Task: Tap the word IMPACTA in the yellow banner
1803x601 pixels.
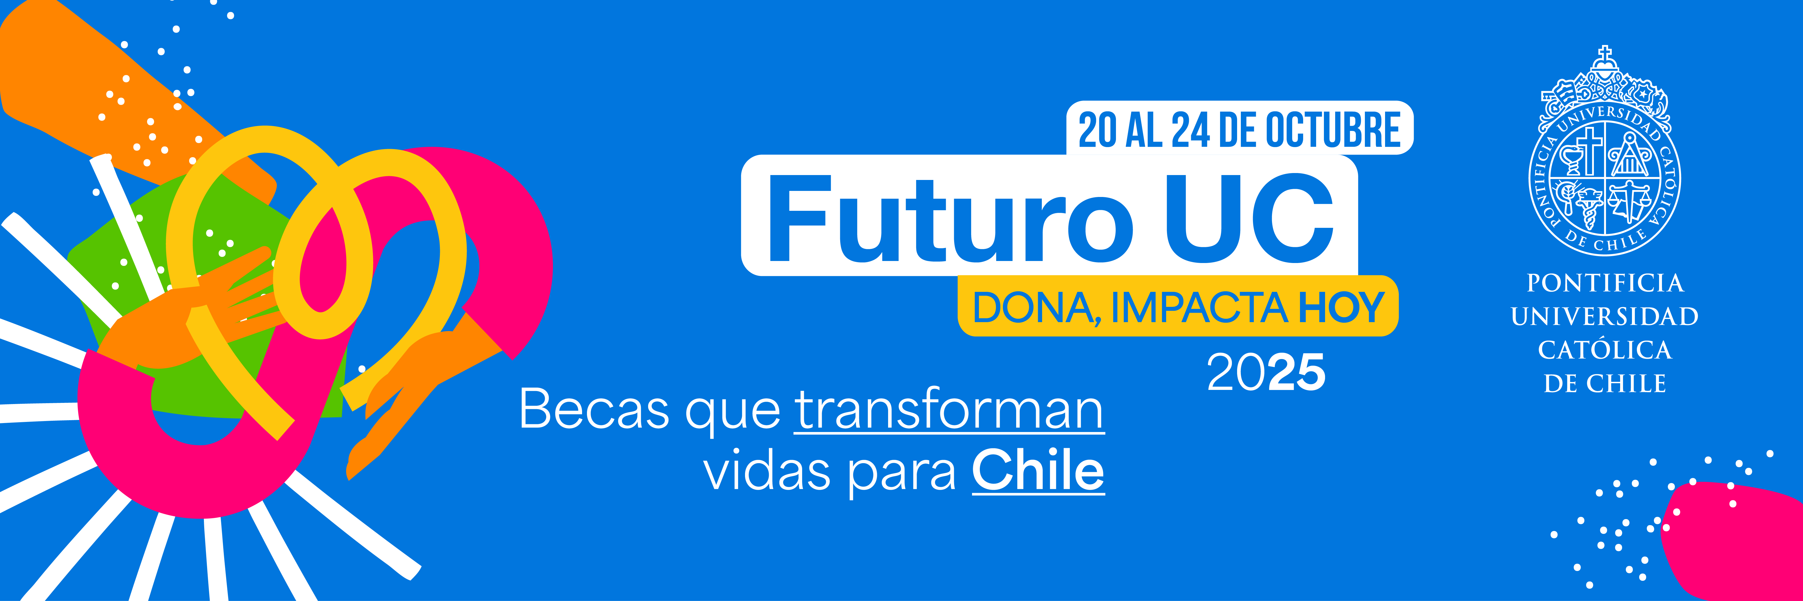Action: coord(1198,307)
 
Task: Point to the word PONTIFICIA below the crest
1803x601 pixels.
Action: coord(1605,283)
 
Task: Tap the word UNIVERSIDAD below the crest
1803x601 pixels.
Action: coord(1605,316)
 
